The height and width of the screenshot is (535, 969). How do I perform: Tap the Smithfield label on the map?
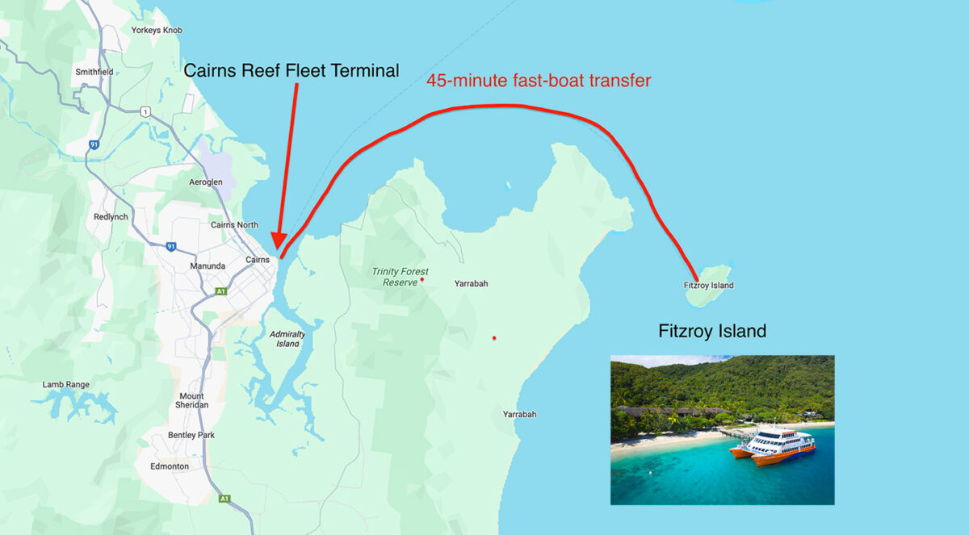tap(94, 72)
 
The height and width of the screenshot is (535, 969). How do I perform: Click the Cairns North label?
tap(234, 225)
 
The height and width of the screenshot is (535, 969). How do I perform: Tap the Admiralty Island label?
tap(287, 338)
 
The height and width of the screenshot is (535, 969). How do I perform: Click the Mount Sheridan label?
tap(192, 400)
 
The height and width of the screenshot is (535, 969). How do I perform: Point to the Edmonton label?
tap(170, 466)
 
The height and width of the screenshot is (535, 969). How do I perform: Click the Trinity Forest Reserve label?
tap(400, 277)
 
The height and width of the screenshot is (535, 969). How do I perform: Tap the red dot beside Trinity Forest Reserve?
tap(422, 279)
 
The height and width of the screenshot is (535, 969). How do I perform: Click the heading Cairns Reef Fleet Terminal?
tap(291, 71)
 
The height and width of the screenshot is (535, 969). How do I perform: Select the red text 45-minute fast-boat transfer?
tap(538, 81)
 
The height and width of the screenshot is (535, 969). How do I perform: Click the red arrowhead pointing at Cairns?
tap(277, 241)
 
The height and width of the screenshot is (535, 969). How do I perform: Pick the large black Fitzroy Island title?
tap(711, 331)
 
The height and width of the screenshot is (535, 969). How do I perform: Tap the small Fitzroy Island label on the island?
tap(708, 286)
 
